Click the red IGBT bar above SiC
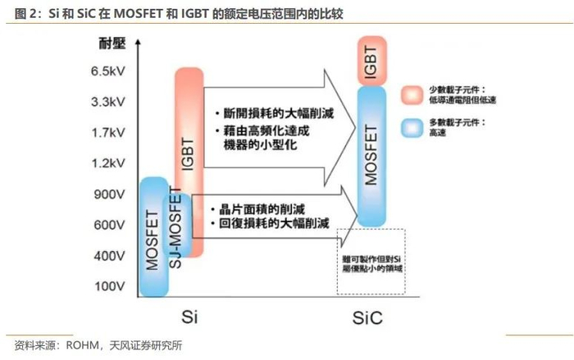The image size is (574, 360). tap(373, 61)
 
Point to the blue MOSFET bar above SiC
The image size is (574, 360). tap(372, 156)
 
